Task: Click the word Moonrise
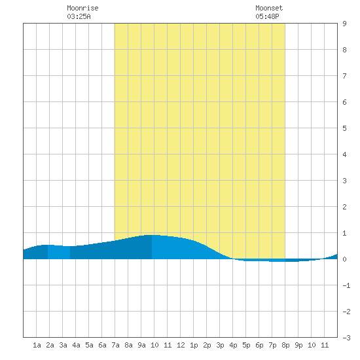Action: click(x=82, y=8)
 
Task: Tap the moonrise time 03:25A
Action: click(x=79, y=16)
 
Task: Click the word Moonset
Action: click(x=269, y=8)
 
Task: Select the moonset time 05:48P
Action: click(x=267, y=16)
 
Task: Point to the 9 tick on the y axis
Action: click(x=344, y=24)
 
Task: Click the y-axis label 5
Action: click(x=344, y=128)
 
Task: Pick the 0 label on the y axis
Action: click(x=344, y=259)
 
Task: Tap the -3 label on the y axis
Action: click(x=346, y=338)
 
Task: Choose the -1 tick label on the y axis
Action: click(x=346, y=285)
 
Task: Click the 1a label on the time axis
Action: click(x=37, y=345)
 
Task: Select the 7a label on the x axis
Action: click(x=115, y=345)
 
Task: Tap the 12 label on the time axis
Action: click(x=181, y=345)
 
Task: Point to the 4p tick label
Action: click(x=233, y=345)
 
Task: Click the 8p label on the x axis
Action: click(x=285, y=345)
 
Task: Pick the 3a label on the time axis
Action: click(x=63, y=345)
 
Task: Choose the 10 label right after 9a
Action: click(x=154, y=345)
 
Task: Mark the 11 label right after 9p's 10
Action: click(x=325, y=345)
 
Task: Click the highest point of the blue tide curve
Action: click(x=152, y=235)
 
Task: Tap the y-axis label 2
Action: click(x=344, y=207)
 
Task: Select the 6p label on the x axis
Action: click(x=259, y=345)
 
